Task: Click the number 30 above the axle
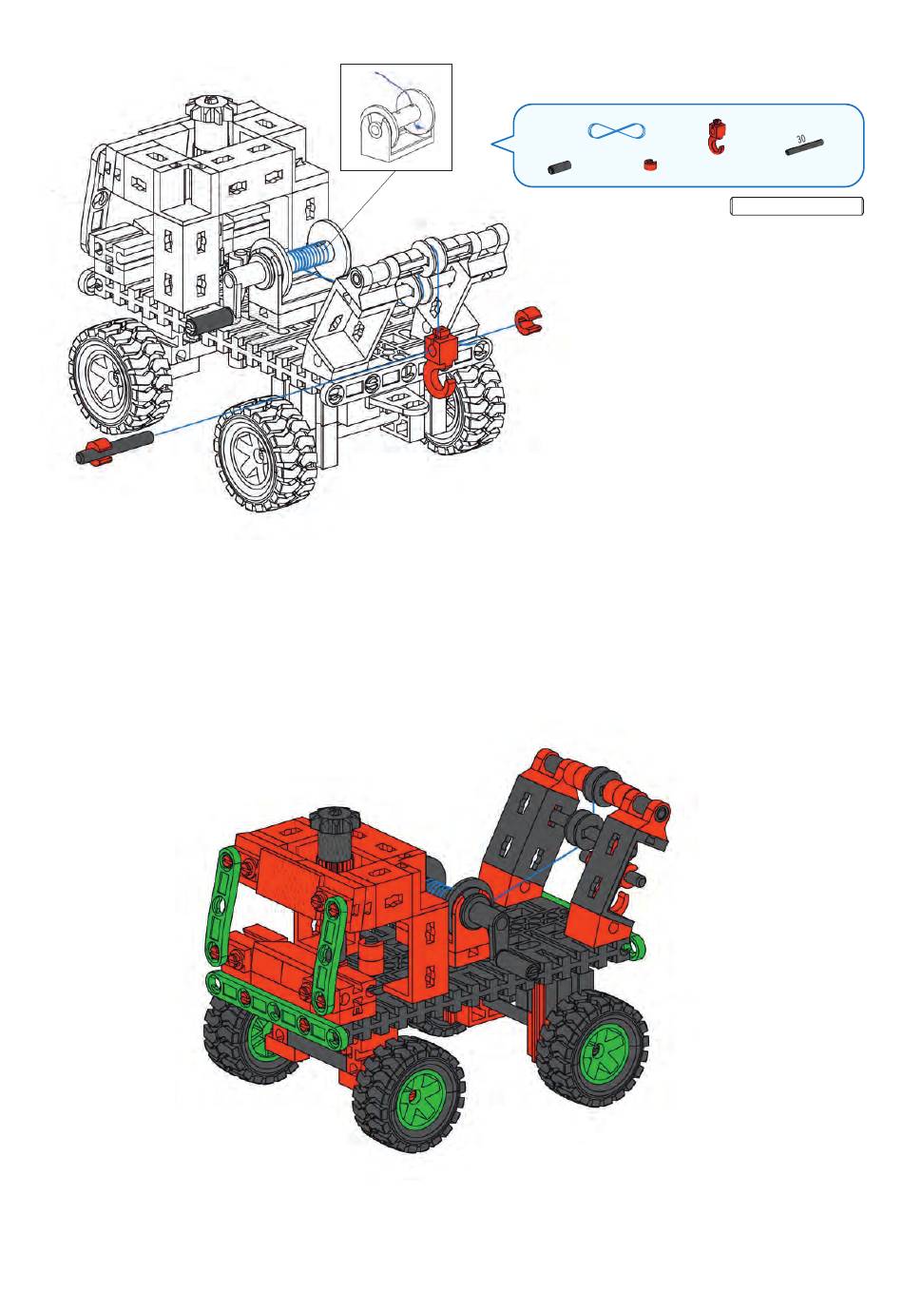point(800,139)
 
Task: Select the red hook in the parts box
point(715,137)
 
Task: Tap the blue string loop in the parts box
point(616,130)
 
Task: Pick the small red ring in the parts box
point(650,164)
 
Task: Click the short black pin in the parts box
point(560,167)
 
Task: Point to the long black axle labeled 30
point(804,147)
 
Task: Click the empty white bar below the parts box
point(797,205)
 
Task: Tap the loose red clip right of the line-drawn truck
point(528,320)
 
